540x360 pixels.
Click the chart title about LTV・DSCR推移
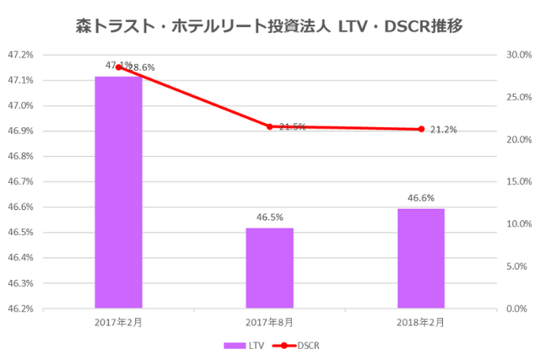point(269,26)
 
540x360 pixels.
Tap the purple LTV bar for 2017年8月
point(270,267)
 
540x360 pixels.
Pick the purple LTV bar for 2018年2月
point(420,258)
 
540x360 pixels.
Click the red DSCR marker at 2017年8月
point(270,126)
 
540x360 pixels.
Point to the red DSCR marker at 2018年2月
point(420,129)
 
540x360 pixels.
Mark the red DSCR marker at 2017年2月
point(118,67)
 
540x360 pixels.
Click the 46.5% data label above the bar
point(270,218)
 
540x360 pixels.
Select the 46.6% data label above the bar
point(420,198)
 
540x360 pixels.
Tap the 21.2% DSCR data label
point(444,130)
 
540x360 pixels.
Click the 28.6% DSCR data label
point(142,67)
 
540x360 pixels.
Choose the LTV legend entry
point(246,345)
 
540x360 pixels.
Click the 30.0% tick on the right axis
point(517,55)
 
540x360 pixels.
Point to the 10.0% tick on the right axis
point(517,223)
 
